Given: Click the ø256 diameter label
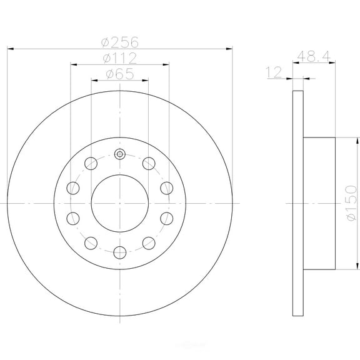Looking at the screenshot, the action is pyautogui.click(x=120, y=42).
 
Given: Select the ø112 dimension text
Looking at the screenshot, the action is pyautogui.click(x=120, y=58).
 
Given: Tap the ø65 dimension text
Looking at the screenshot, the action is pyautogui.click(x=120, y=74).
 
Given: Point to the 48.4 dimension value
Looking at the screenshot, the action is pyautogui.click(x=314, y=56).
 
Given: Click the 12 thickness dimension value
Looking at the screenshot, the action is pyautogui.click(x=274, y=72).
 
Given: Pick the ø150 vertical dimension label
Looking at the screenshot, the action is pyautogui.click(x=352, y=203).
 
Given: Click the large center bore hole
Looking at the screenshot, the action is pyautogui.click(x=120, y=203).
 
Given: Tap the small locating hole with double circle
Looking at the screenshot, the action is pyautogui.click(x=120, y=154).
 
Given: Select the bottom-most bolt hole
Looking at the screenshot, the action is pyautogui.click(x=120, y=252).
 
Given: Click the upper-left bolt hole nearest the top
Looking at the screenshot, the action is pyautogui.click(x=91, y=164).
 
